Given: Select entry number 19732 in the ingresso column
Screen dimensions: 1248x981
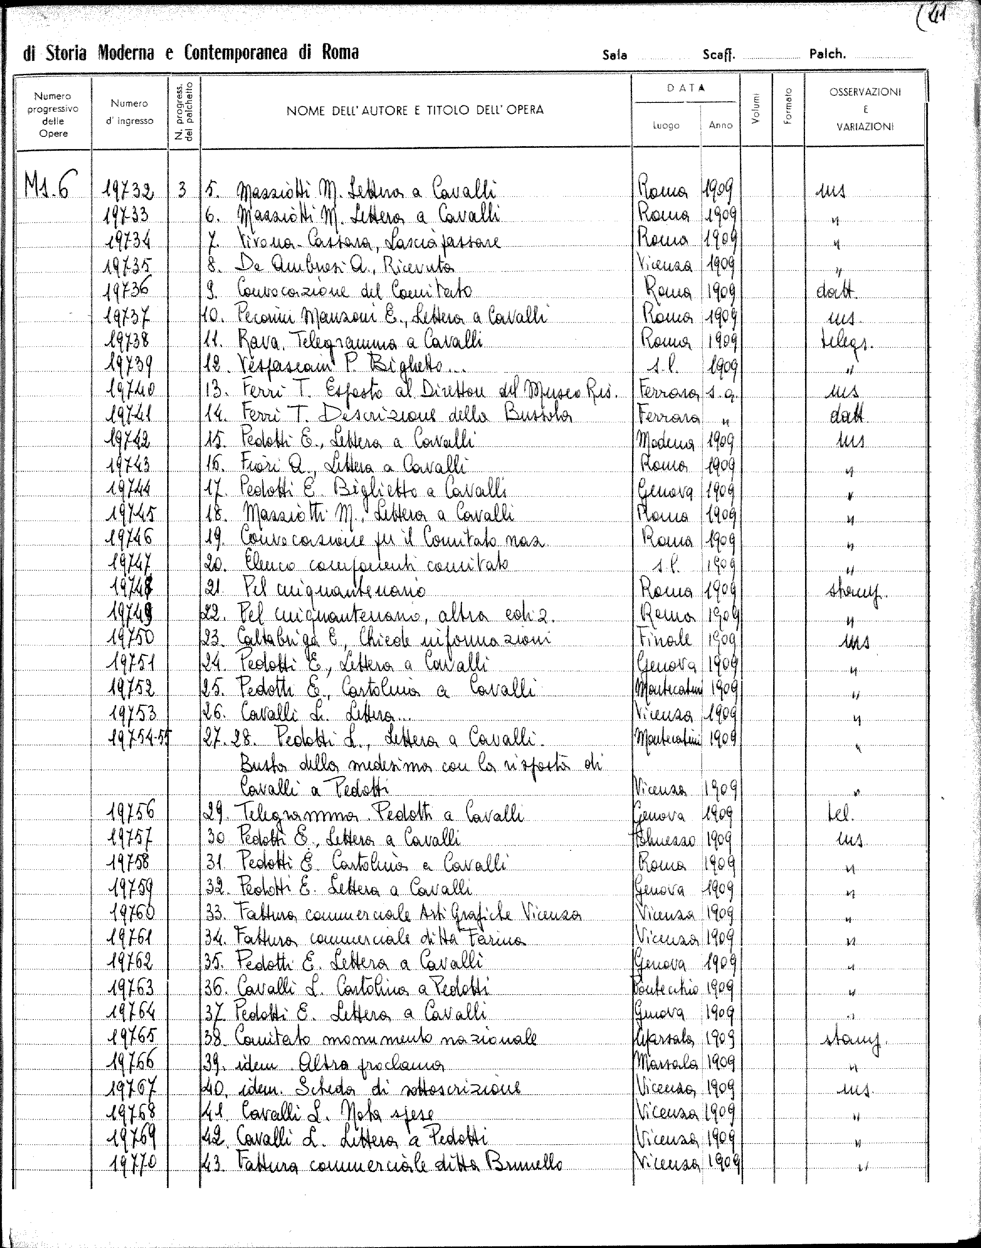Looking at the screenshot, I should coord(129,189).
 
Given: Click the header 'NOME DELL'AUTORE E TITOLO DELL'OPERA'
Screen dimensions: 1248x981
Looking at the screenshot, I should coord(414,110).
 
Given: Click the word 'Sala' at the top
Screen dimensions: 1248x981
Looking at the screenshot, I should coord(614,56).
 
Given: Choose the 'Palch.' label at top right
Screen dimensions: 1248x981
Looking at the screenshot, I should coord(827,55).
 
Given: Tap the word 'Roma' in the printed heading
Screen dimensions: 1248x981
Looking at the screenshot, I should coord(340,53).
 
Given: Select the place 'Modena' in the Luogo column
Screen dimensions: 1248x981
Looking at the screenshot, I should coord(666,442).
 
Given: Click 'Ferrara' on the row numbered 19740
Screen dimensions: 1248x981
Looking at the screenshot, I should coord(666,392).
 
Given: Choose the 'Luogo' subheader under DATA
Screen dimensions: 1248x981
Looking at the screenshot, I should coord(666,125).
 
